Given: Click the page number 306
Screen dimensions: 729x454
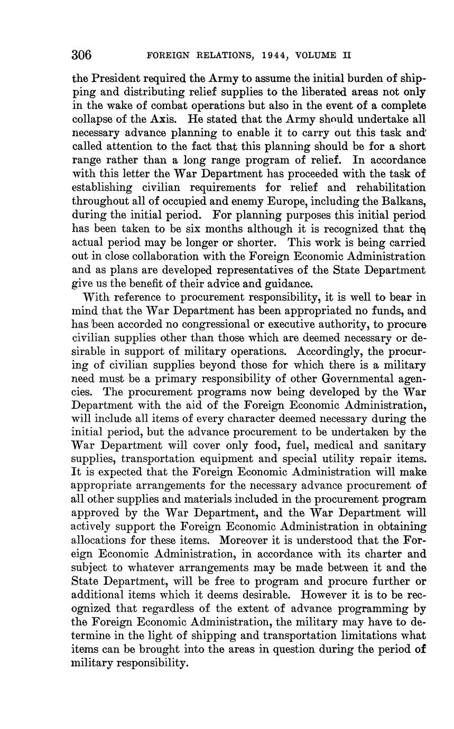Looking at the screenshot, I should click(82, 55).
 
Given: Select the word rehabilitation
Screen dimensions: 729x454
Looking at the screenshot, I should click(389, 188).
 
